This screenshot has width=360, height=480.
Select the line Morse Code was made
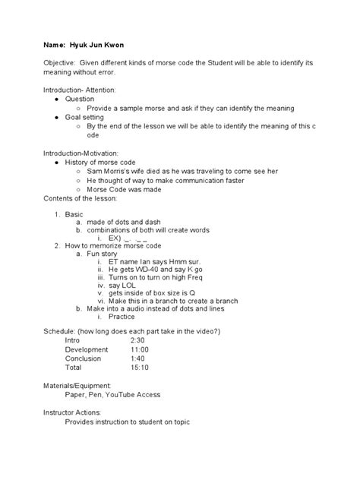point(123,190)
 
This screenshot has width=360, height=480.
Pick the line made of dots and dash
point(125,222)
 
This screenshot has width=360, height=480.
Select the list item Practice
point(123,317)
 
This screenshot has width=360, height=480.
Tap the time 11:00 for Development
point(139,350)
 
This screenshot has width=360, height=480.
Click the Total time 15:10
point(140,368)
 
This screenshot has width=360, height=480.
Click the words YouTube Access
point(134,394)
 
